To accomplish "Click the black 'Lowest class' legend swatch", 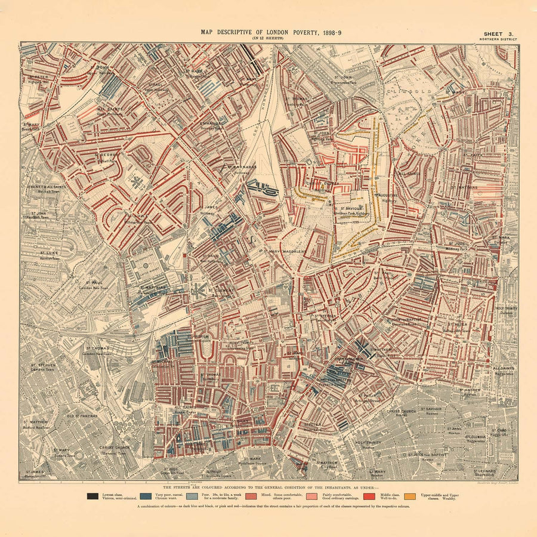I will click(92, 496).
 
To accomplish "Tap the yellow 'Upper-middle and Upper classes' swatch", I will click(410, 496).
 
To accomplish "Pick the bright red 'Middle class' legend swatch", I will click(370, 496).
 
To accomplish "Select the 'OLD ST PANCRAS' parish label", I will click(81, 416).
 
